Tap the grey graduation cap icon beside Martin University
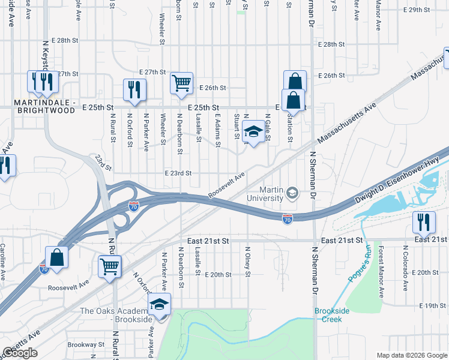click(292, 193)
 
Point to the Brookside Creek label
click(328, 315)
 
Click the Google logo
click(20, 353)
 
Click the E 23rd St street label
click(178, 173)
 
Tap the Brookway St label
click(86, 345)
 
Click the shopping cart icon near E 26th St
click(181, 83)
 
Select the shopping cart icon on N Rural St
click(109, 266)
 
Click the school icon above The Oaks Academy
click(159, 304)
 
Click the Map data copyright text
click(411, 355)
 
